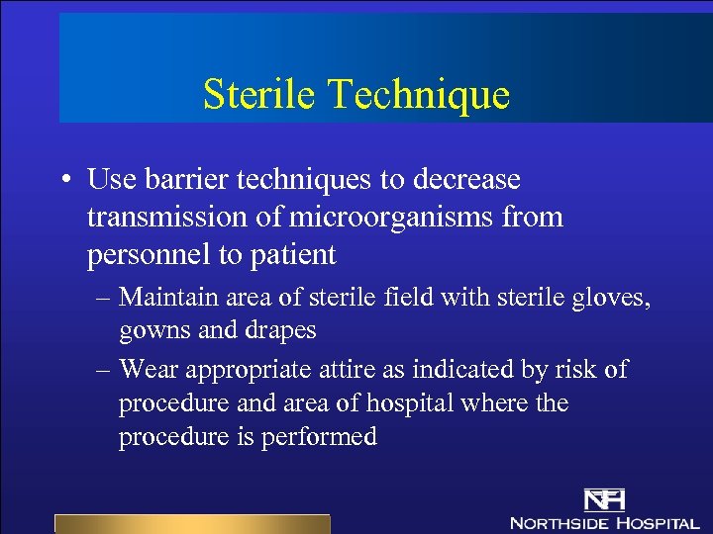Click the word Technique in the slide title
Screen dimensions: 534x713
tap(421, 95)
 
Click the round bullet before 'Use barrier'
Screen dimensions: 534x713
tap(64, 181)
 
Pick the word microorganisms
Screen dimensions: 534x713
tap(376, 218)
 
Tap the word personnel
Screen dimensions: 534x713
tap(149, 255)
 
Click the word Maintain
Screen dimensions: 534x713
tap(166, 296)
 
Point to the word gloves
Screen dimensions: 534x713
tap(614, 296)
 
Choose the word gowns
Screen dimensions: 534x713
tap(153, 330)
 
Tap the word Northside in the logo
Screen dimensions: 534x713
tap(559, 521)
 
